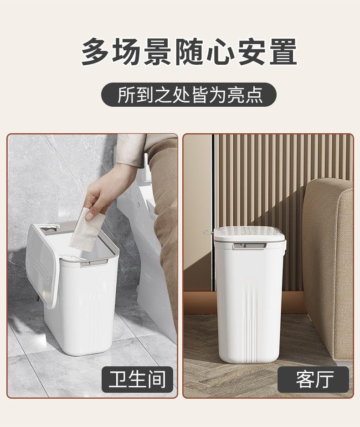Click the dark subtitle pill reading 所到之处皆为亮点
(189, 95)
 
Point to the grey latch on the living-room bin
(250, 246)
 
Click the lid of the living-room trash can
(250, 233)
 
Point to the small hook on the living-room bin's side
(208, 232)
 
